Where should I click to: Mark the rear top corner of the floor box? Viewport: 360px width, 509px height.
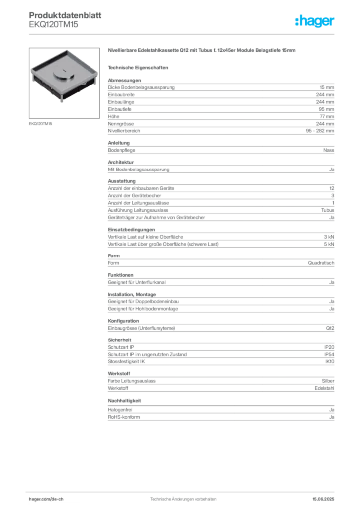coord(68,50)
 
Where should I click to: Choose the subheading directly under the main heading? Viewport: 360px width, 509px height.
coord(140,67)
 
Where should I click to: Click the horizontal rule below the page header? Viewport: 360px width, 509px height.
coord(183,34)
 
